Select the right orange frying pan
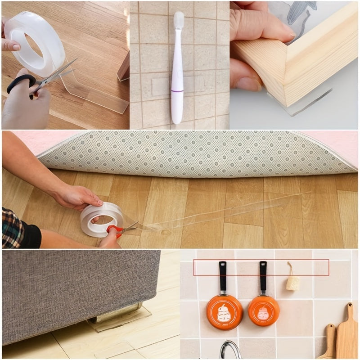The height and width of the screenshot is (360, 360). (x=264, y=310)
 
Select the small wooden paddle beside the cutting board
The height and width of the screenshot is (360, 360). (x=328, y=342)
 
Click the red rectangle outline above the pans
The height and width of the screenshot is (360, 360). (x=261, y=267)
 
